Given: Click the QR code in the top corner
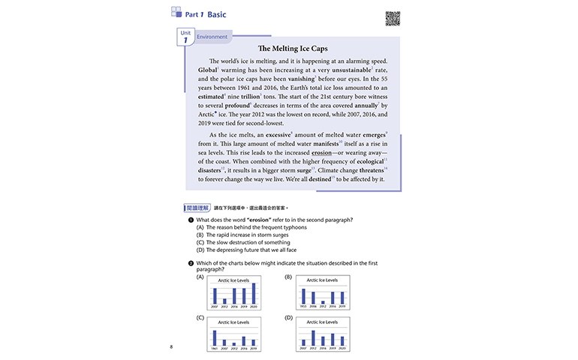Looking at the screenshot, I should [x=392, y=18].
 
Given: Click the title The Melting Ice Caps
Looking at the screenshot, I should [x=289, y=48].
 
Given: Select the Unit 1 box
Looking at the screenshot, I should [x=185, y=39].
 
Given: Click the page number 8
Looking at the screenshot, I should [x=172, y=346].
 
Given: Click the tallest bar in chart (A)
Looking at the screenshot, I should [x=254, y=293].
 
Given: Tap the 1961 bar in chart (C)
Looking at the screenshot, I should [x=215, y=337].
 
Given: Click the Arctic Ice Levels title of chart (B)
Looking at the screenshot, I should [x=323, y=280].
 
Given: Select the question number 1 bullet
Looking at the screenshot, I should [x=191, y=219].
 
